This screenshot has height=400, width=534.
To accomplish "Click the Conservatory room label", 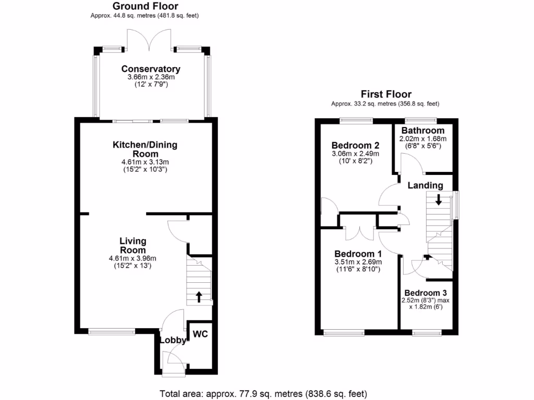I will (x=151, y=69).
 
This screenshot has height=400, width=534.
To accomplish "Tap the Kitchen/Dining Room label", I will (x=145, y=149).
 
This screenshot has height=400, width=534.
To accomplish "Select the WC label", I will (x=200, y=334).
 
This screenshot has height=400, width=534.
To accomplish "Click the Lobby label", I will (x=173, y=341).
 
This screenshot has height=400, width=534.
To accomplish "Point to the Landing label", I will (x=425, y=185).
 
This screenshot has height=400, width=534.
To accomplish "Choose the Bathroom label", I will (x=423, y=130).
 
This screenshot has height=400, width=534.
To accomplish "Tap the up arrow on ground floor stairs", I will (x=199, y=297).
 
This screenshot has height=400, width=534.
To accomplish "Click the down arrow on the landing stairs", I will (x=439, y=199).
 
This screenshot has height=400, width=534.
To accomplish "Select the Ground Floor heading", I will (x=145, y=6).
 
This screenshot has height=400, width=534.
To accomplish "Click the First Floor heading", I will (x=386, y=94).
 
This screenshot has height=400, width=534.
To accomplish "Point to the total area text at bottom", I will (x=263, y=393).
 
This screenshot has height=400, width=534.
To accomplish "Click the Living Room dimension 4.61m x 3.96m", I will (x=132, y=258).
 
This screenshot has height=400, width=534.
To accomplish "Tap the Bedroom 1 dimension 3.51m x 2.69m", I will (x=358, y=262).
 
